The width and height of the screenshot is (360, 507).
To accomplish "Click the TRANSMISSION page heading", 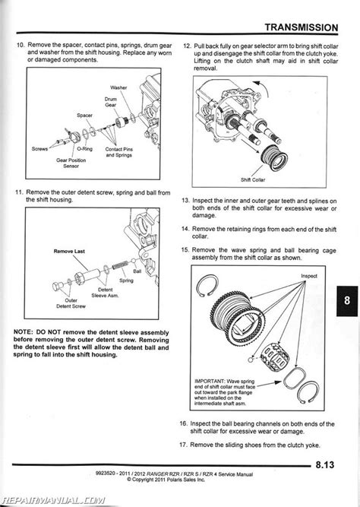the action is pyautogui.click(x=302, y=27).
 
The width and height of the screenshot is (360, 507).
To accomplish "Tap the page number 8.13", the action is pyautogui.click(x=324, y=465).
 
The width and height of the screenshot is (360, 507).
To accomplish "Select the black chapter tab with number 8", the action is pyautogui.click(x=347, y=301).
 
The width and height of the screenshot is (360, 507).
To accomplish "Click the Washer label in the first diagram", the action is pyautogui.click(x=118, y=87).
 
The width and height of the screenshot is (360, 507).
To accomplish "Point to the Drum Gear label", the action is pyautogui.click(x=111, y=102).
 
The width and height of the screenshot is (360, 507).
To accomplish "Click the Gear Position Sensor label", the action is pyautogui.click(x=71, y=163).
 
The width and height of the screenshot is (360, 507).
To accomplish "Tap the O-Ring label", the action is pyautogui.click(x=84, y=149).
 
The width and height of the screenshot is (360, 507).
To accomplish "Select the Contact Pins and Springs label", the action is pyautogui.click(x=119, y=152).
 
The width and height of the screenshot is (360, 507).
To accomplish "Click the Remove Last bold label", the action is pyautogui.click(x=69, y=252).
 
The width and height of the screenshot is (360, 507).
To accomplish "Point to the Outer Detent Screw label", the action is pyautogui.click(x=71, y=303).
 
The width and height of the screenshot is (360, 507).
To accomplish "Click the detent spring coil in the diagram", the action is pyautogui.click(x=120, y=265).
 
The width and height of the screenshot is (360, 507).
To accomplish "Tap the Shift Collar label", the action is pyautogui.click(x=253, y=180).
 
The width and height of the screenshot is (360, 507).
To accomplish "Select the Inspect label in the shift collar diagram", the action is pyautogui.click(x=309, y=276).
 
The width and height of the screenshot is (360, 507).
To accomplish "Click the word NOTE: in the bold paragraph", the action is pyautogui.click(x=23, y=332).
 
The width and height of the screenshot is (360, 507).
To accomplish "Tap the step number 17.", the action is pyautogui.click(x=183, y=445).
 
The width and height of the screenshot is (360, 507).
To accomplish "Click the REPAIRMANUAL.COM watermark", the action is pyautogui.click(x=53, y=501).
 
